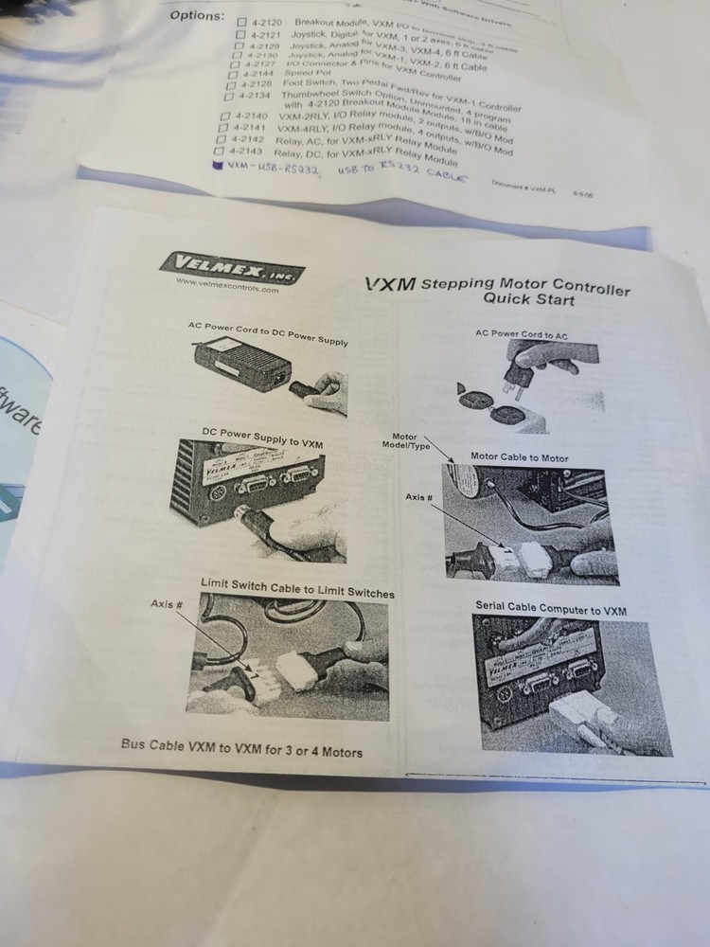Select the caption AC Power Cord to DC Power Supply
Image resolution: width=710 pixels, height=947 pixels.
click(268, 333)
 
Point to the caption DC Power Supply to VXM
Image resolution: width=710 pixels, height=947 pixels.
click(262, 434)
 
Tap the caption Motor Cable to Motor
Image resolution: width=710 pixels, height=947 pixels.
click(520, 457)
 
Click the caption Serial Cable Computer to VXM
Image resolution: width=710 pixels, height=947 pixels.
click(550, 610)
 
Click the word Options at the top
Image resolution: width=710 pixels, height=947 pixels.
click(197, 15)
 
